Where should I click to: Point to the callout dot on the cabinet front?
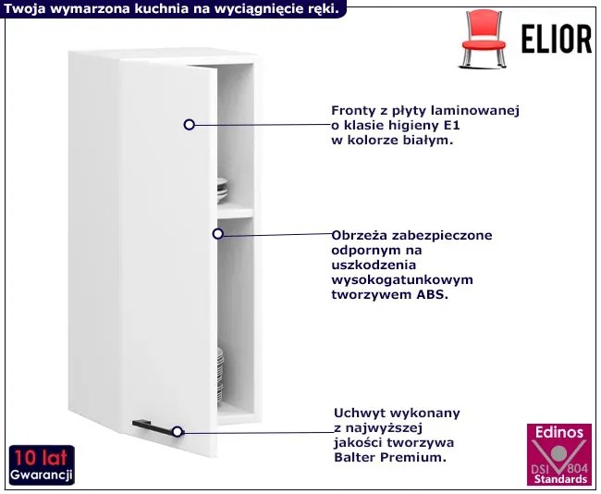pyautogui.click(x=189, y=124)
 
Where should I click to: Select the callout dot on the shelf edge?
pyautogui.click(x=219, y=234)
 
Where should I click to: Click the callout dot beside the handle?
pyautogui.click(x=177, y=431)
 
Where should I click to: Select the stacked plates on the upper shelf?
pyautogui.click(x=222, y=191)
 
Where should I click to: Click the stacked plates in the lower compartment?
pyautogui.click(x=221, y=369)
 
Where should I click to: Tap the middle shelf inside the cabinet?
pyautogui.click(x=235, y=212)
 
